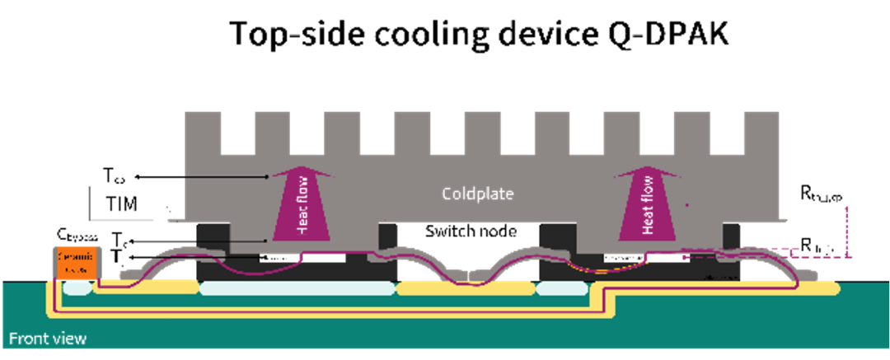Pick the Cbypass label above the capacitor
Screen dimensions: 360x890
pyautogui.click(x=79, y=236)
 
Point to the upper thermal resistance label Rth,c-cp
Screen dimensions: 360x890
pyautogui.click(x=826, y=194)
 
